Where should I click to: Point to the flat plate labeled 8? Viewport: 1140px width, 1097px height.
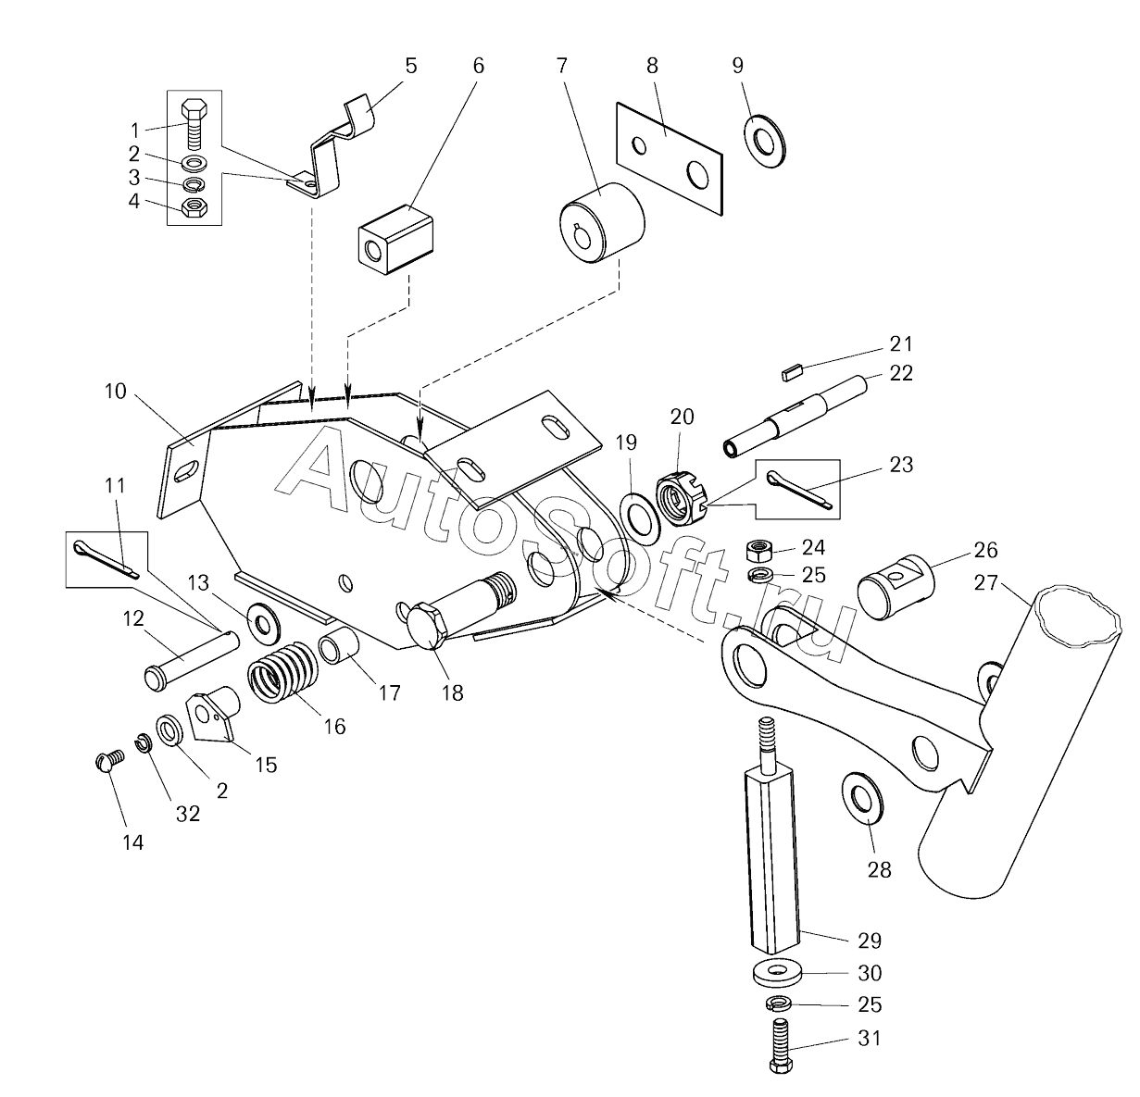click(x=669, y=158)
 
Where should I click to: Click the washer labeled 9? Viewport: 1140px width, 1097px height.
click(x=767, y=140)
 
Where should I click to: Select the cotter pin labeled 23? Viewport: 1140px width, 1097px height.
click(x=802, y=491)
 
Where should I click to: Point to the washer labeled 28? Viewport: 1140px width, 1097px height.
click(x=862, y=795)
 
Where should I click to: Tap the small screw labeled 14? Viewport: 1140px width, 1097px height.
click(x=109, y=762)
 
